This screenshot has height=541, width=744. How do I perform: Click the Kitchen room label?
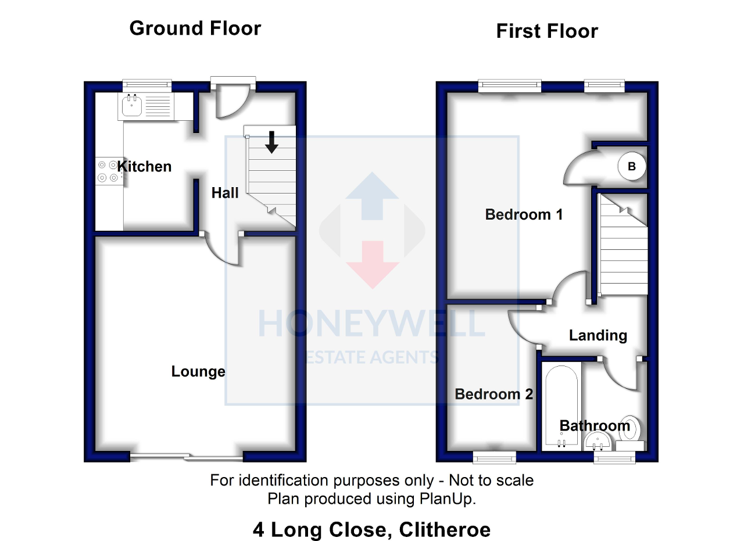coord(144,167)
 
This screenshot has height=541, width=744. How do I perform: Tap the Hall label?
coord(225,193)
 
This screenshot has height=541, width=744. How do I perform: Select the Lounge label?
coord(198,371)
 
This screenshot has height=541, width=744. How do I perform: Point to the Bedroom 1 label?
coord(524,214)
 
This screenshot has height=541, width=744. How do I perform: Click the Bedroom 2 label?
coord(493,395)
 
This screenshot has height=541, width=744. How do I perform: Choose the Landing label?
coord(598,335)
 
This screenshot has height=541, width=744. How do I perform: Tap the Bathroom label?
coord(595,426)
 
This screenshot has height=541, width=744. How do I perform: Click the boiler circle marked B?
coord(631,167)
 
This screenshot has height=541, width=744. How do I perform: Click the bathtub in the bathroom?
coord(561,407)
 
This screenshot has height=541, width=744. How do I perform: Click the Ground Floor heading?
coord(195,28)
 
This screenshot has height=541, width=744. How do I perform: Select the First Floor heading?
coord(546,31)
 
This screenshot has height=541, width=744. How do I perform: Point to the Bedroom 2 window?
coord(494,458)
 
